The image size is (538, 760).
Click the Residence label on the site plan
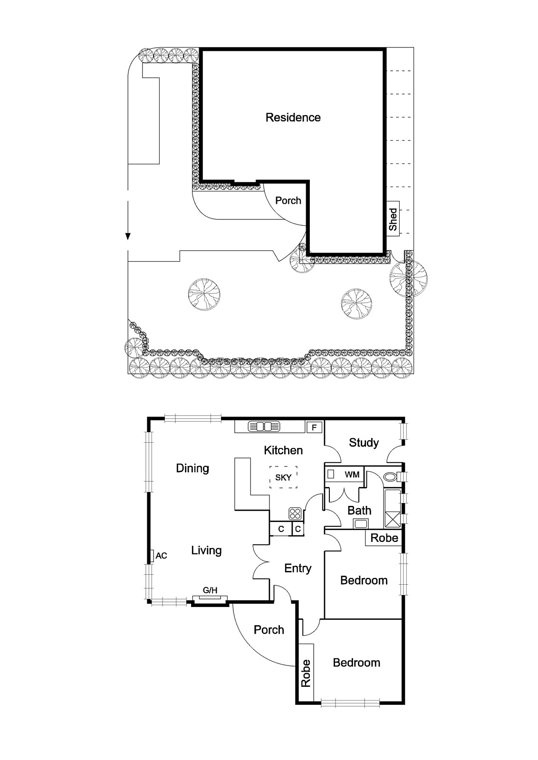tap(293, 117)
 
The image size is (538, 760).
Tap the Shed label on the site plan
tap(393, 219)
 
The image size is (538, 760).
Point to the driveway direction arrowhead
tap(128, 236)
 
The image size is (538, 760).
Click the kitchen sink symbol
tap(264, 427)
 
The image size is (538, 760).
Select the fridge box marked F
tap(314, 427)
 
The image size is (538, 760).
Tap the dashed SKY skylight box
tap(283, 477)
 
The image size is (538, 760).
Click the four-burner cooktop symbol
tap(295, 514)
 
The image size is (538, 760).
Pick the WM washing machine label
tap(352, 475)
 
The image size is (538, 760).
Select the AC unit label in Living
tap(161, 555)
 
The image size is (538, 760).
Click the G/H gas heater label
tap(210, 590)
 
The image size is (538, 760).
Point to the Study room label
tap(364, 443)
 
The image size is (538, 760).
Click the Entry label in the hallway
tap(298, 568)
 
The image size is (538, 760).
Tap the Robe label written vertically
tap(306, 673)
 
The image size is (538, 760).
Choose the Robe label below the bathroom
tap(384, 538)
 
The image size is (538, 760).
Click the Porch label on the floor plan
tap(269, 630)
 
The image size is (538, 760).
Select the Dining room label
tap(192, 468)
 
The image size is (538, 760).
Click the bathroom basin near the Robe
tap(360, 524)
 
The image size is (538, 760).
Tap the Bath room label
tap(359, 511)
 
